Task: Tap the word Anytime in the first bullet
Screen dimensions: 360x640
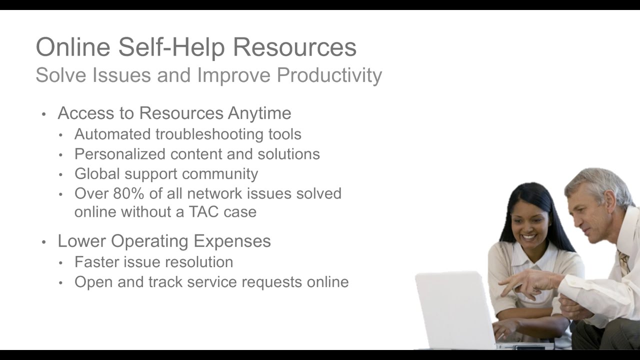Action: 259,113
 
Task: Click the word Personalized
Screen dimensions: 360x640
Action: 120,154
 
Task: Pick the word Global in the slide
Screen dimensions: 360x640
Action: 97,173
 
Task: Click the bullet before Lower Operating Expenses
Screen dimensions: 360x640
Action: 44,242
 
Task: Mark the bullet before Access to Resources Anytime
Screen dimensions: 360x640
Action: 44,114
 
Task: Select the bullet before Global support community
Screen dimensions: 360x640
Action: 61,174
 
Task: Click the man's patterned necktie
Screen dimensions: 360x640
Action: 624,262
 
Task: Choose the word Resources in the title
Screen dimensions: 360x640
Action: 294,47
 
